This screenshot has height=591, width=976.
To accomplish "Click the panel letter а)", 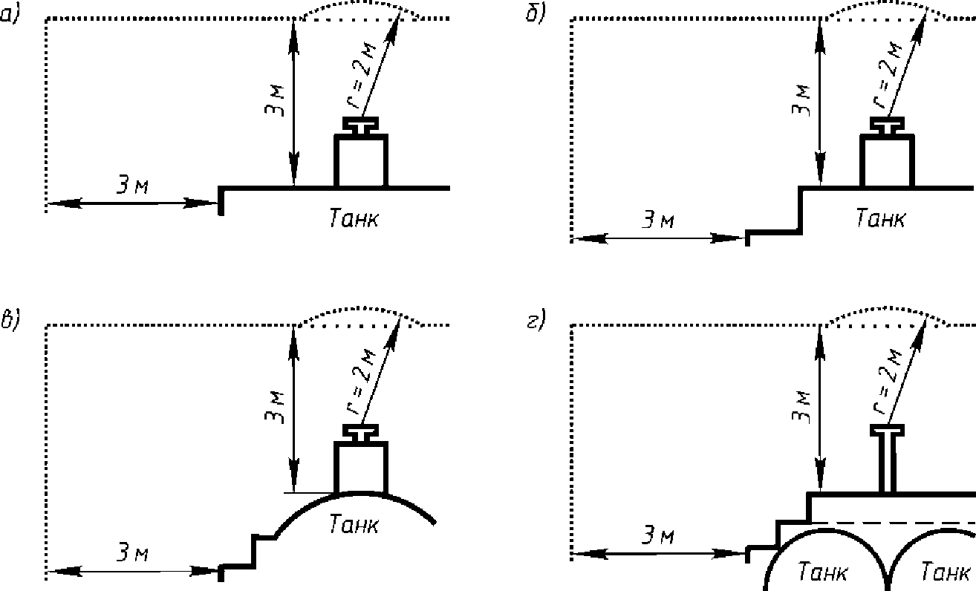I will click(9, 14).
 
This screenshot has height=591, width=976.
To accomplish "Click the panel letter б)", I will click(535, 14).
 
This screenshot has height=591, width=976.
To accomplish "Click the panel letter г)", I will click(535, 320).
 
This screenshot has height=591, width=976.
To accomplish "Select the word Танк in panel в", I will click(354, 524).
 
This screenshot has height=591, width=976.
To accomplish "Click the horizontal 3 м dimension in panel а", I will click(132, 186).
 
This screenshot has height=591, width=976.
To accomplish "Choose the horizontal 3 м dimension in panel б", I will click(657, 222).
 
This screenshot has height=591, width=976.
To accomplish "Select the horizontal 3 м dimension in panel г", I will click(657, 536).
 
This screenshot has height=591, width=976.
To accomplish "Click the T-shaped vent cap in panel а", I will click(361, 124).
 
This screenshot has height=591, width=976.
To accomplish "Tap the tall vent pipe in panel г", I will click(886, 460).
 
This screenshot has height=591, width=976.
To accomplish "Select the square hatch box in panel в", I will click(361, 468).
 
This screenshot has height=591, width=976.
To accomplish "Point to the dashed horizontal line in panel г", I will click(891, 523).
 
